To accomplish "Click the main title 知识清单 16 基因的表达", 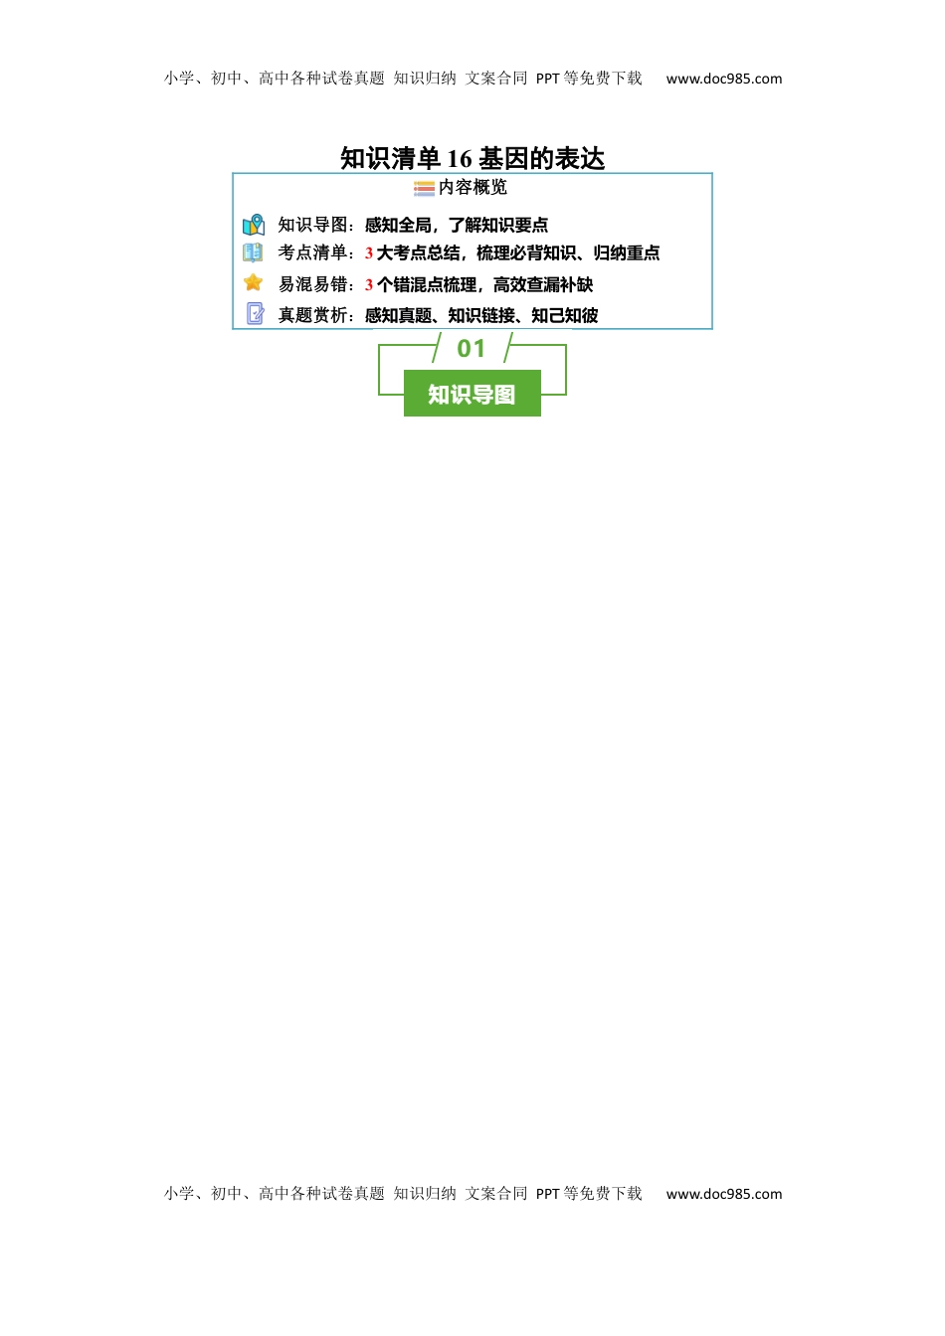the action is [x=472, y=159].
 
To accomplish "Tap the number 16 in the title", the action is [x=459, y=159].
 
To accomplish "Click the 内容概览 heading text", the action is [x=472, y=187].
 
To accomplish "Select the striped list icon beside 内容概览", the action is [x=424, y=189].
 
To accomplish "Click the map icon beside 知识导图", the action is [x=254, y=225].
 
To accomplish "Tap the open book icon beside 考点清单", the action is [x=253, y=252].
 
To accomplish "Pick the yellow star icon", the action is [x=253, y=282].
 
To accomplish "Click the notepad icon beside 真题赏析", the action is [x=255, y=313].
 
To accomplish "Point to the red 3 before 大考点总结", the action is [x=369, y=253].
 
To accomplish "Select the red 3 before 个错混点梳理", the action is [x=369, y=285].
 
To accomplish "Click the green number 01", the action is [x=471, y=349].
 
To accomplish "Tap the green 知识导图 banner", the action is [x=472, y=393].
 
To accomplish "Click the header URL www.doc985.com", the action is [x=723, y=79].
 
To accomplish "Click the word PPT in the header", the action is [x=547, y=79].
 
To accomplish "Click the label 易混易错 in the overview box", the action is [x=312, y=284].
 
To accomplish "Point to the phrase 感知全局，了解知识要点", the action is [x=456, y=225].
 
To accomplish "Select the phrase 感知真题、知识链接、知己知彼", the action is [x=481, y=315].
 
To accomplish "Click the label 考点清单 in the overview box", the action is [x=312, y=252].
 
